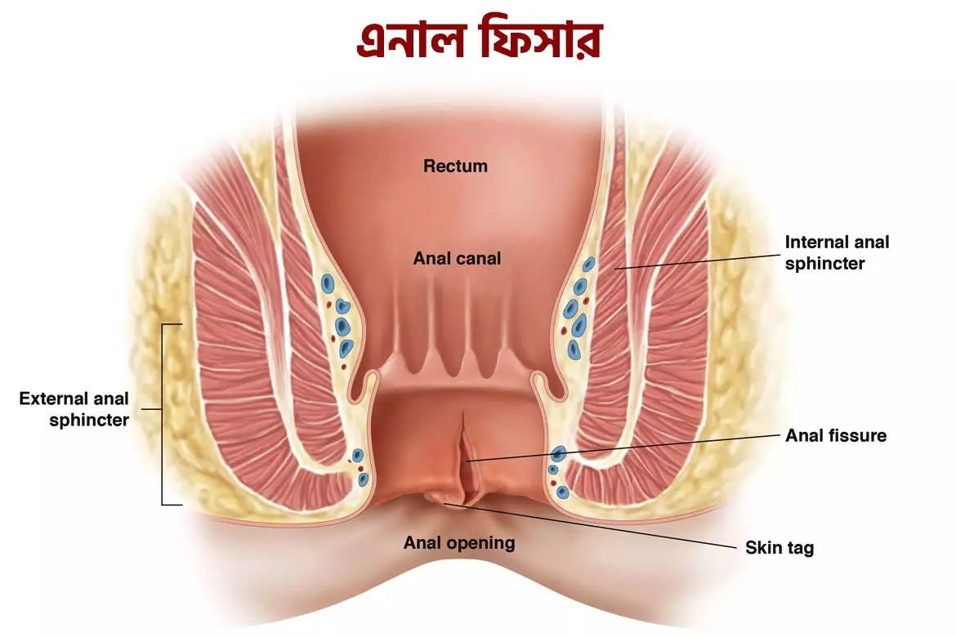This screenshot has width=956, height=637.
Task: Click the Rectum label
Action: (455, 167)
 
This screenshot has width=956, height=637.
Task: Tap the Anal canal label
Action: (457, 259)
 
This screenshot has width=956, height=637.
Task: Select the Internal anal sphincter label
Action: (837, 253)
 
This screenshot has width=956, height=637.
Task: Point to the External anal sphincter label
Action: (74, 410)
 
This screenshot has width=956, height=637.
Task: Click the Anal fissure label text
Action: (836, 436)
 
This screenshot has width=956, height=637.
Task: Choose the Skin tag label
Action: (780, 548)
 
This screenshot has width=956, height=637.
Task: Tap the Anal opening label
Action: (459, 543)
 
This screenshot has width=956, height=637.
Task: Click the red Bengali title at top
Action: (479, 39)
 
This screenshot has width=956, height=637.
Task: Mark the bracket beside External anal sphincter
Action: (165, 414)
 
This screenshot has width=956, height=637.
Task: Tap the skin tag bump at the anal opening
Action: (441, 498)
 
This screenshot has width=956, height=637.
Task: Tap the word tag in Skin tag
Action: (799, 549)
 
